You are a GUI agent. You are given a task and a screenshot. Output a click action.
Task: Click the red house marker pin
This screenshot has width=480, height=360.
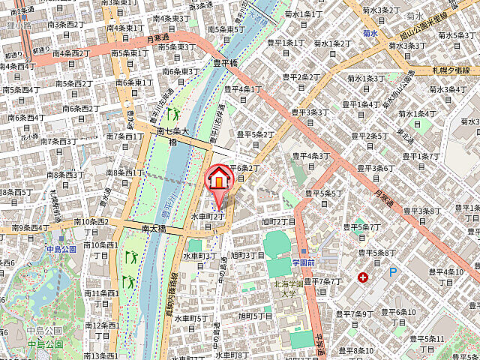(218, 179)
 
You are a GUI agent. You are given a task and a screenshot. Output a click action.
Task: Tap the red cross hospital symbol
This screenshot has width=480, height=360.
(363, 277)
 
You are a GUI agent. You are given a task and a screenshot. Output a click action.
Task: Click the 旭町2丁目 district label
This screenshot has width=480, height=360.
(278, 221)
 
